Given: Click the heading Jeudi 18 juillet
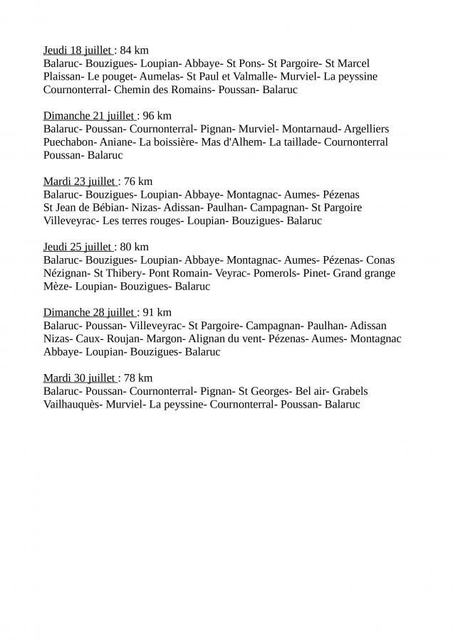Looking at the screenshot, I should point(77,50).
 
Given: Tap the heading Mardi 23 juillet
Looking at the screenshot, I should point(79,181).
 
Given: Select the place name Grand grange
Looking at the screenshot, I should point(365,273).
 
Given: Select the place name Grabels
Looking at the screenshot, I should point(350,391).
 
